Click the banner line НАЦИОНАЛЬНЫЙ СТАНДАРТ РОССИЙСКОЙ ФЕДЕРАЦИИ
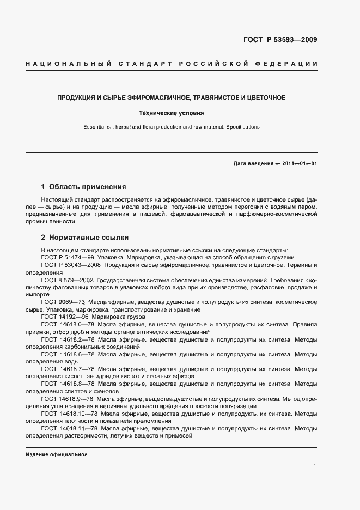point(172,64)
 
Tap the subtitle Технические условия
point(172,113)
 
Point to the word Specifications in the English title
point(242,127)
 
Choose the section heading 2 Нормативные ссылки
point(85,238)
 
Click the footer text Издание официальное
point(56,454)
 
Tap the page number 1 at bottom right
point(315,466)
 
